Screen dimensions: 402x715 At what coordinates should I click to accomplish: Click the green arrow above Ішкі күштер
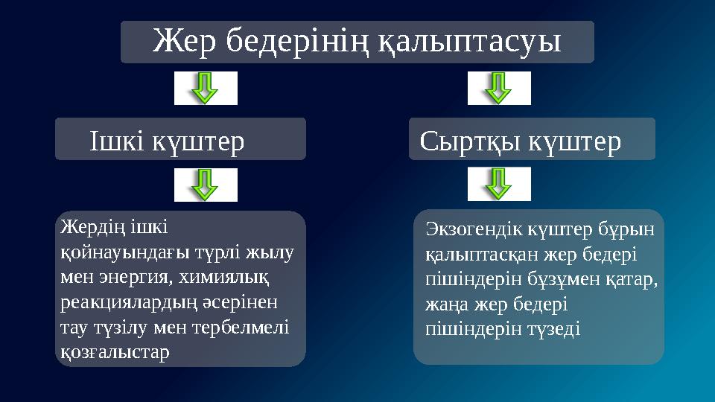tap(206, 89)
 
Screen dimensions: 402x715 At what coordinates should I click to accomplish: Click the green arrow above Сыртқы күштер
tap(499, 89)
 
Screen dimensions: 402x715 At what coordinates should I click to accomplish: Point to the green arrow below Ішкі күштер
tap(206, 185)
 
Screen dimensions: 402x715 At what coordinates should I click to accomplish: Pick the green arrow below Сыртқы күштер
tap(499, 184)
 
